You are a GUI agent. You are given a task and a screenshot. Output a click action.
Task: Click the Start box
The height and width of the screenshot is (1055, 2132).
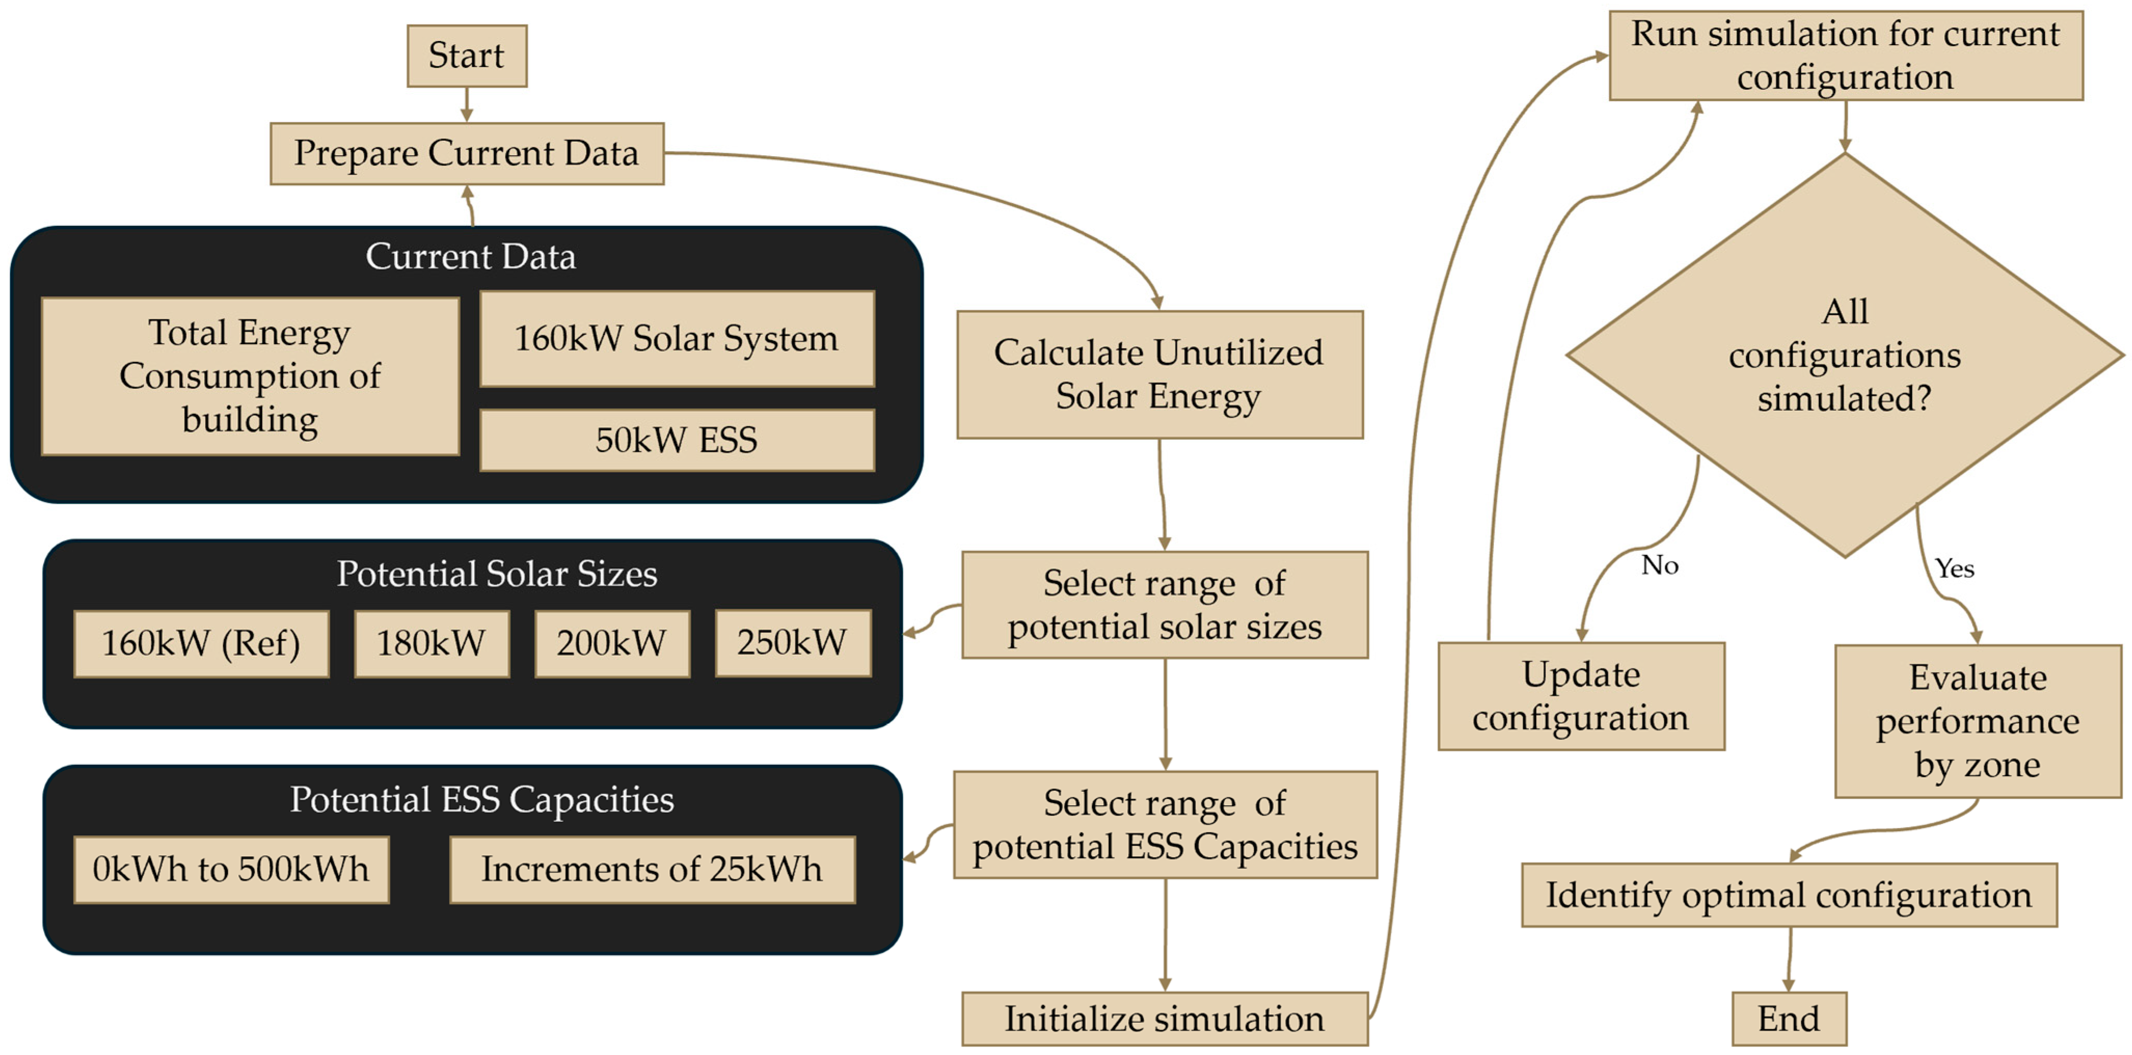point(467,56)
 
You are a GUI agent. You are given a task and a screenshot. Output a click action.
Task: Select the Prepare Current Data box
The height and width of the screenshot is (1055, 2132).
point(467,153)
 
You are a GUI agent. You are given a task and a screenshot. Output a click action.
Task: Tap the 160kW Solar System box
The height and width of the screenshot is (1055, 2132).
point(677,339)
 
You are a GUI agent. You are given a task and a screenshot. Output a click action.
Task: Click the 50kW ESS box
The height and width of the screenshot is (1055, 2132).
point(677,440)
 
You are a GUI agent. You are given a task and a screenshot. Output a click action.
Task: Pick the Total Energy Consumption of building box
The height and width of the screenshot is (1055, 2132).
point(250,376)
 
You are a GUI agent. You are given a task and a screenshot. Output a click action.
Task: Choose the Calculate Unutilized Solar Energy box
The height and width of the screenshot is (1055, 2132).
point(1160,375)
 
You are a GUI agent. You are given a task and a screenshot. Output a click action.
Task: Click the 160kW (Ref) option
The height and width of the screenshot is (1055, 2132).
point(201,644)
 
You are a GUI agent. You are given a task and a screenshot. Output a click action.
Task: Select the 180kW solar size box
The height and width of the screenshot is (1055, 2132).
point(431,644)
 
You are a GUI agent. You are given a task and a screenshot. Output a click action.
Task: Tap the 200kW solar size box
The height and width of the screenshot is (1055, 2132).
point(612,644)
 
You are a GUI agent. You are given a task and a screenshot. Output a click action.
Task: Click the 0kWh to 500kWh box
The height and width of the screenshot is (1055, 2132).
point(231,870)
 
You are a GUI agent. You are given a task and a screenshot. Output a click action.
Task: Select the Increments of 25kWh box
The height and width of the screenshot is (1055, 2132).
point(652,870)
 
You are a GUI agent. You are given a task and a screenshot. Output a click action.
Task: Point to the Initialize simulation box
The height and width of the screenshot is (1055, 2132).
point(1164,1019)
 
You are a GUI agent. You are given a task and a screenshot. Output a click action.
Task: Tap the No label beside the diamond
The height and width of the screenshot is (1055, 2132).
point(1660,565)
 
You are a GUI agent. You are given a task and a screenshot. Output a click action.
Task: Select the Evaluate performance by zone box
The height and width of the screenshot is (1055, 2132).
point(1978,722)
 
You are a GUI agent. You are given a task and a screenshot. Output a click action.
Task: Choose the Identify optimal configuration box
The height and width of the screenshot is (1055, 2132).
point(1789,895)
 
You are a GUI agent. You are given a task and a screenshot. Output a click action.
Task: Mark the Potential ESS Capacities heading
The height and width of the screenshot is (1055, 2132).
point(482,800)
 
